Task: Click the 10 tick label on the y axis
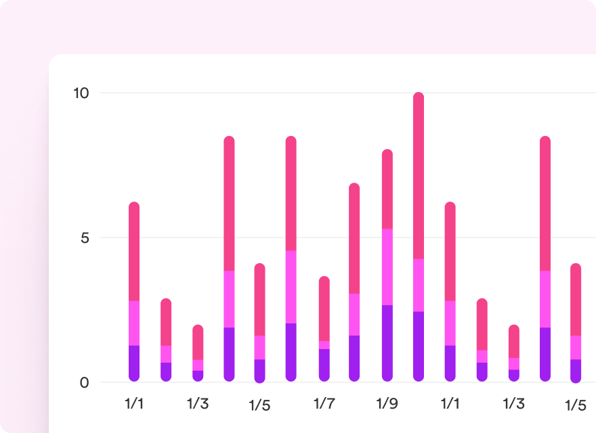click(x=81, y=93)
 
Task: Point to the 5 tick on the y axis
click(x=84, y=238)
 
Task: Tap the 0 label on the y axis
click(x=84, y=383)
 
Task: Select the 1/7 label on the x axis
click(x=324, y=404)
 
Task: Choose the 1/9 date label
click(x=387, y=404)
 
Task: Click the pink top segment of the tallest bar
click(x=419, y=176)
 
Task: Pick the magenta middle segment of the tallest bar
click(x=419, y=285)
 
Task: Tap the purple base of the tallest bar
click(x=419, y=345)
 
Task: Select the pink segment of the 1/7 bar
click(x=324, y=309)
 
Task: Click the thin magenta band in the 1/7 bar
click(x=324, y=344)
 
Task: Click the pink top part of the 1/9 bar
click(x=387, y=189)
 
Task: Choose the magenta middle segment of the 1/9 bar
click(x=387, y=267)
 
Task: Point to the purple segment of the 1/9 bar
click(x=387, y=342)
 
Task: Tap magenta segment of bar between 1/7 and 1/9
click(x=354, y=315)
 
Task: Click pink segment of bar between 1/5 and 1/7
click(x=291, y=193)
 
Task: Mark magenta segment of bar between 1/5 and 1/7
click(x=291, y=287)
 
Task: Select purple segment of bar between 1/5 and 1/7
click(x=291, y=351)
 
